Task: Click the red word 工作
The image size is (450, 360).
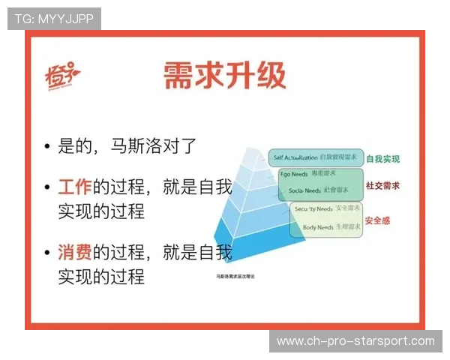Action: pyautogui.click(x=74, y=188)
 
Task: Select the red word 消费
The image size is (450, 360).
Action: pyautogui.click(x=74, y=253)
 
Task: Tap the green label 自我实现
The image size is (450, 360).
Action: pyautogui.click(x=382, y=159)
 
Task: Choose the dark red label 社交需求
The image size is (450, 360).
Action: pyautogui.click(x=382, y=185)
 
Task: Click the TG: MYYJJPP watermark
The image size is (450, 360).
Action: pyautogui.click(x=54, y=19)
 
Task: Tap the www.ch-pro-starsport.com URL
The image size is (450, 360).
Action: pyautogui.click(x=355, y=341)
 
